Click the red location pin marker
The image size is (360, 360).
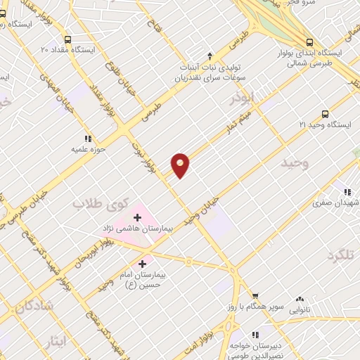181,165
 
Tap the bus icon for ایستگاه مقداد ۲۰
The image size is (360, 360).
68,39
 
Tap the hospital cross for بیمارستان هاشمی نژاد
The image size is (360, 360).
137,217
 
